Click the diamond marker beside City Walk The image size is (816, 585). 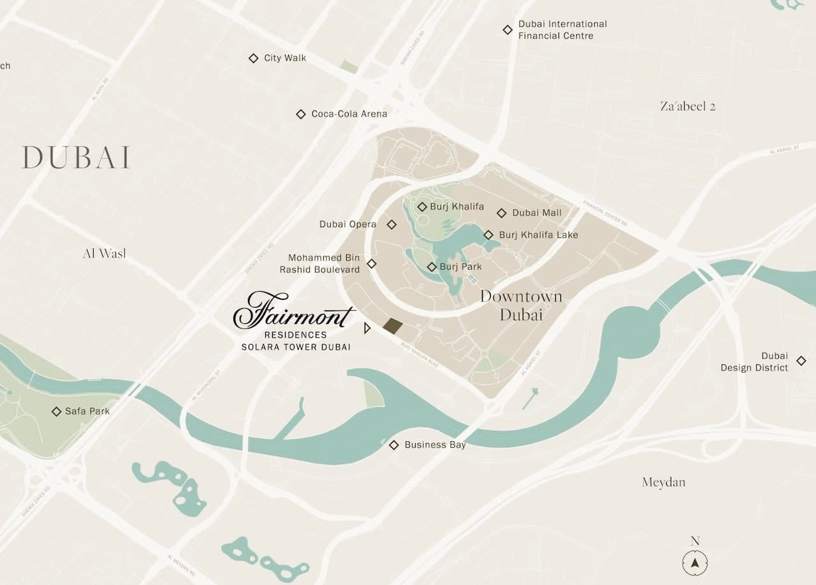click(253, 58)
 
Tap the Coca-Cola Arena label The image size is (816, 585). click(349, 114)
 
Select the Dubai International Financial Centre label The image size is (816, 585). click(562, 30)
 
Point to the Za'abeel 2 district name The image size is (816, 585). click(687, 107)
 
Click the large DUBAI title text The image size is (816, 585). click(76, 158)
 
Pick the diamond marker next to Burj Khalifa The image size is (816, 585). click(422, 207)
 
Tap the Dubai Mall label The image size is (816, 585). click(537, 213)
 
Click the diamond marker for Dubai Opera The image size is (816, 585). click(392, 225)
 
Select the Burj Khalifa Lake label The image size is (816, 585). click(538, 235)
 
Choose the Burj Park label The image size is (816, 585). click(460, 267)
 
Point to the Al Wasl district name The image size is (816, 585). click(105, 254)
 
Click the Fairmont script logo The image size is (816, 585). click(293, 311)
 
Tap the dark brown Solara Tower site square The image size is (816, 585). click(393, 326)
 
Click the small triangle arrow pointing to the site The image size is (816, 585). click(367, 328)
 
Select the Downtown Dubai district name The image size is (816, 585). click(521, 305)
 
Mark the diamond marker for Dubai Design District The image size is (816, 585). click(801, 362)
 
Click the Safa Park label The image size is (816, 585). click(87, 411)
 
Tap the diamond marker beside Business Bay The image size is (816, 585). click(394, 445)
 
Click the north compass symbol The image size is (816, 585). click(695, 563)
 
